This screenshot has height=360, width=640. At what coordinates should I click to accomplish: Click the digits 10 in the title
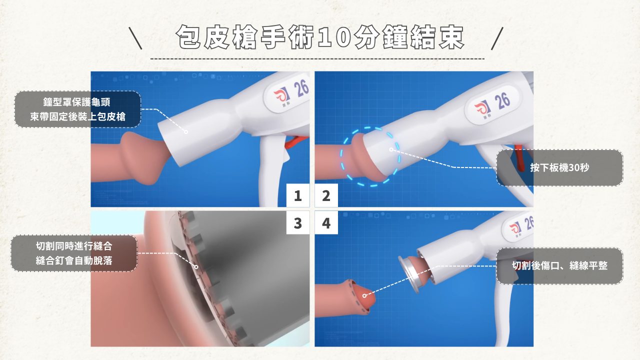(334, 37)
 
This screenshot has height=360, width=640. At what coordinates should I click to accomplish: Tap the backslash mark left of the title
(135, 38)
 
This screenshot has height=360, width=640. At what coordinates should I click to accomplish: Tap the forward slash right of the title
(497, 38)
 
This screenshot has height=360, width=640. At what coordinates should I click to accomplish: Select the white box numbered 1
(298, 195)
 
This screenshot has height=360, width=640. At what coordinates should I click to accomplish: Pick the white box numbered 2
(326, 195)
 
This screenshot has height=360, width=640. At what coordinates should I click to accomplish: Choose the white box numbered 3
(298, 222)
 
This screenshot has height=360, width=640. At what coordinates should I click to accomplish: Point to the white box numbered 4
(326, 222)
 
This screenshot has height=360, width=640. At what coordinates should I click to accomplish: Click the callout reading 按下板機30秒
(559, 167)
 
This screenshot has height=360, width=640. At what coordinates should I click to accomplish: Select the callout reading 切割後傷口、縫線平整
(559, 265)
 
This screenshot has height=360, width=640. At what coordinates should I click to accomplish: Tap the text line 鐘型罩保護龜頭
(76, 102)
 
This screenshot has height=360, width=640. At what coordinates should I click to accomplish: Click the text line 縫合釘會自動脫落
(74, 260)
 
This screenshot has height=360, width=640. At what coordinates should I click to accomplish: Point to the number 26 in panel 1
(301, 88)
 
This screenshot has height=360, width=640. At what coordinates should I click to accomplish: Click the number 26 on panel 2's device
(502, 101)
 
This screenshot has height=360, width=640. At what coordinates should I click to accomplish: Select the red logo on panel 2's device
(482, 109)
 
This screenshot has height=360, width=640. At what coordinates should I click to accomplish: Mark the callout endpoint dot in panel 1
(186, 131)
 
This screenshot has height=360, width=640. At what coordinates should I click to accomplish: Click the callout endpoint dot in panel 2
(391, 149)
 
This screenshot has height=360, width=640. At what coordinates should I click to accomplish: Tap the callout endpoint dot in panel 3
(196, 267)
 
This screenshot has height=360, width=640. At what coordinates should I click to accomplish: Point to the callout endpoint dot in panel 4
(364, 295)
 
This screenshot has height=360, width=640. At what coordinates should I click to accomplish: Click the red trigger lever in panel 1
(295, 141)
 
